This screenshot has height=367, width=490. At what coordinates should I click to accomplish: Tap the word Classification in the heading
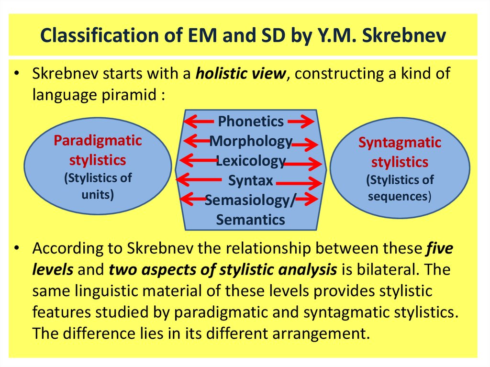100,35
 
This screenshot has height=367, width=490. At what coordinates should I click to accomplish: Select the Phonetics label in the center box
251,121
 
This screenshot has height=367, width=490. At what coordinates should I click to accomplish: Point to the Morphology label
251,141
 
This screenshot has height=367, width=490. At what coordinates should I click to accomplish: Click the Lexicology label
251,161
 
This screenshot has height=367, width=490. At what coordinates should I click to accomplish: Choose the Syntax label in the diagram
251,181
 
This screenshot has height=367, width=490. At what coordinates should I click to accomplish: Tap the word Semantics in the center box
251,220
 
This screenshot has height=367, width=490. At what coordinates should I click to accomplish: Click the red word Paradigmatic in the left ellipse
98,141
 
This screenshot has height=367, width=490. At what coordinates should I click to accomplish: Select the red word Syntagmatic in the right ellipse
400,143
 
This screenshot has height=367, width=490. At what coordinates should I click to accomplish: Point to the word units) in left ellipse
98,195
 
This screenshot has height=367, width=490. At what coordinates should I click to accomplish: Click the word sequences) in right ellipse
400,197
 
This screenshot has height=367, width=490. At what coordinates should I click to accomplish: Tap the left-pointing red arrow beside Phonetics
200,121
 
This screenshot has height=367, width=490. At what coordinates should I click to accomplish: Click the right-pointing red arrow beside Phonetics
301,121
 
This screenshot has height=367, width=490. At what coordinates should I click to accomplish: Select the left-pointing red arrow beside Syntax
199,180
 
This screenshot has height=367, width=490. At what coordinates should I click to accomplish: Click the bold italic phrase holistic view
241,74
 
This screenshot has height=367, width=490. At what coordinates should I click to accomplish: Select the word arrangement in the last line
321,334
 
